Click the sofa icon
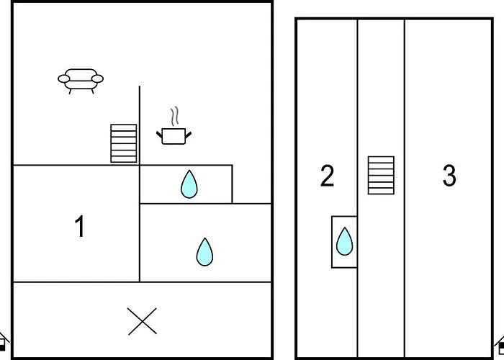[81, 81]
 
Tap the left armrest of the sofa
[63, 78]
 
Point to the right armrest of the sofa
[97, 78]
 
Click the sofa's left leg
[70, 91]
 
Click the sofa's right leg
[92, 91]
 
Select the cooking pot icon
[174, 126]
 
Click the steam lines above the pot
[174, 117]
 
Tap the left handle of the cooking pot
[159, 135]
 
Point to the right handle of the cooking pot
[189, 135]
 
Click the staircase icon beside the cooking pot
[124, 143]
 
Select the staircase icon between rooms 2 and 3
[381, 175]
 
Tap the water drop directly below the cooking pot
[189, 184]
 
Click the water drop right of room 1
[204, 252]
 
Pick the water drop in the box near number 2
[345, 241]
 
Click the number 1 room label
[79, 226]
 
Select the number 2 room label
[327, 176]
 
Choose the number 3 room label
[449, 175]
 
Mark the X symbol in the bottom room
[142, 321]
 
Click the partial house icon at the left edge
[4, 342]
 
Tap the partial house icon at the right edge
[500, 345]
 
